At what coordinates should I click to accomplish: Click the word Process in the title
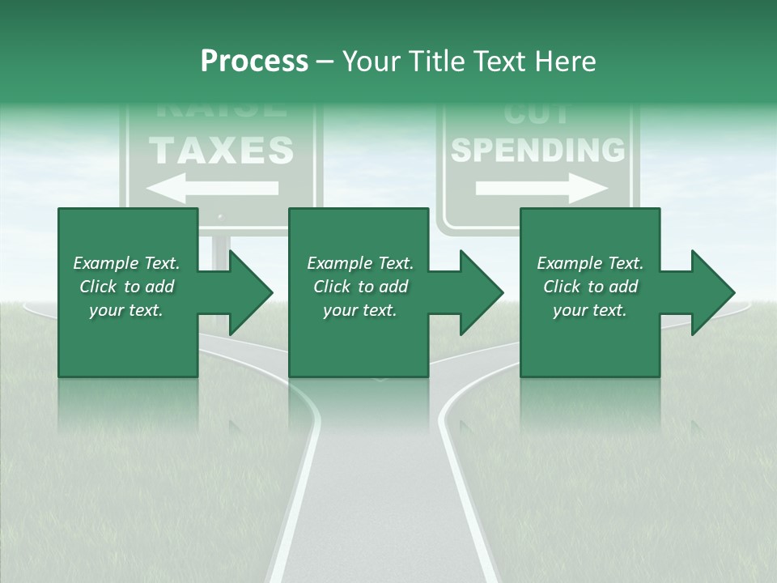(x=254, y=62)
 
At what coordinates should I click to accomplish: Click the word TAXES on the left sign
(x=221, y=151)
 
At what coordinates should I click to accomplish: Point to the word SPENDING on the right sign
(x=537, y=150)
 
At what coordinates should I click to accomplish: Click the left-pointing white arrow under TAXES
(x=213, y=188)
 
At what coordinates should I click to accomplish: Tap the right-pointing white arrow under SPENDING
(x=541, y=189)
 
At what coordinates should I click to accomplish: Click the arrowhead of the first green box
(x=248, y=292)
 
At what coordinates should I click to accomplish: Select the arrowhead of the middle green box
(x=479, y=292)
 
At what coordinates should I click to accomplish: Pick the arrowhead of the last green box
(x=711, y=292)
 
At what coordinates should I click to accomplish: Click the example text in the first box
(x=126, y=287)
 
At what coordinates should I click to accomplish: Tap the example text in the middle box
(x=360, y=287)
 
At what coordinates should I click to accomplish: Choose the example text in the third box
(x=590, y=287)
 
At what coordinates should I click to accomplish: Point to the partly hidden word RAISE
(x=219, y=109)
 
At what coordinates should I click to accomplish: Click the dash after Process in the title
(x=325, y=62)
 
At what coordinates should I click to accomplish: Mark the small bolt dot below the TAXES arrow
(x=220, y=218)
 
